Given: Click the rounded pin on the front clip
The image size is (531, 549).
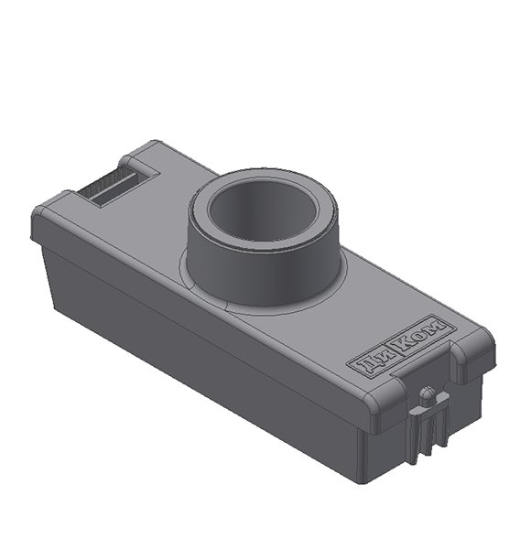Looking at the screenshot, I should click(426, 395).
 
